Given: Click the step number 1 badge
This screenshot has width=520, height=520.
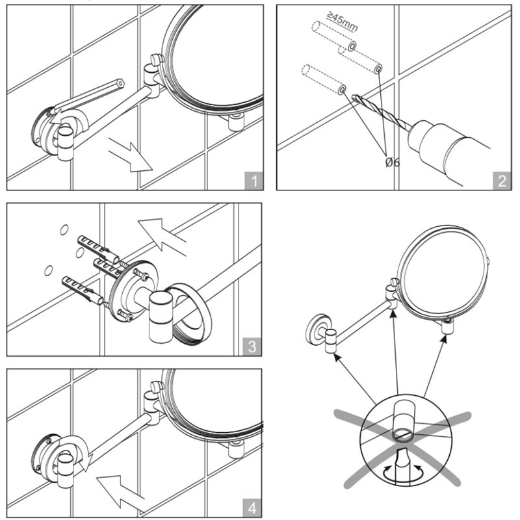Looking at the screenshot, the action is tap(254, 181).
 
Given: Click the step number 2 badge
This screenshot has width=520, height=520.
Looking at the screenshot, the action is tap(502, 181).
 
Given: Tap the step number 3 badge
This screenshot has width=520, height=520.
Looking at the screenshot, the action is tap(252, 346).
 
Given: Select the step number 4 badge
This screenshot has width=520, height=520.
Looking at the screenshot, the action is tap(252, 508).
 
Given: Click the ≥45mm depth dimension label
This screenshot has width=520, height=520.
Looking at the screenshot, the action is tap(343, 21).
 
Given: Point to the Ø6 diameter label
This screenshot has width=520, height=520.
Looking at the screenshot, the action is tap(393, 162).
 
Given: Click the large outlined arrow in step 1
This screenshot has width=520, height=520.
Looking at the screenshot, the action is tap(131, 155).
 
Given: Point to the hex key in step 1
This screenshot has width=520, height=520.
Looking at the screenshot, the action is tap(87, 98).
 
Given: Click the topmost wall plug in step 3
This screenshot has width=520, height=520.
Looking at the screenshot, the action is tap(98, 249).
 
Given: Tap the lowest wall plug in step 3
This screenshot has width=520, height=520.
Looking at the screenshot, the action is tap(83, 289).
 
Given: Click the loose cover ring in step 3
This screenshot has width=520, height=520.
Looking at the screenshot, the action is tap(190, 313).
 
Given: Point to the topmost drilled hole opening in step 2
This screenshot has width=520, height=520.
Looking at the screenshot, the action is tap(352, 46).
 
